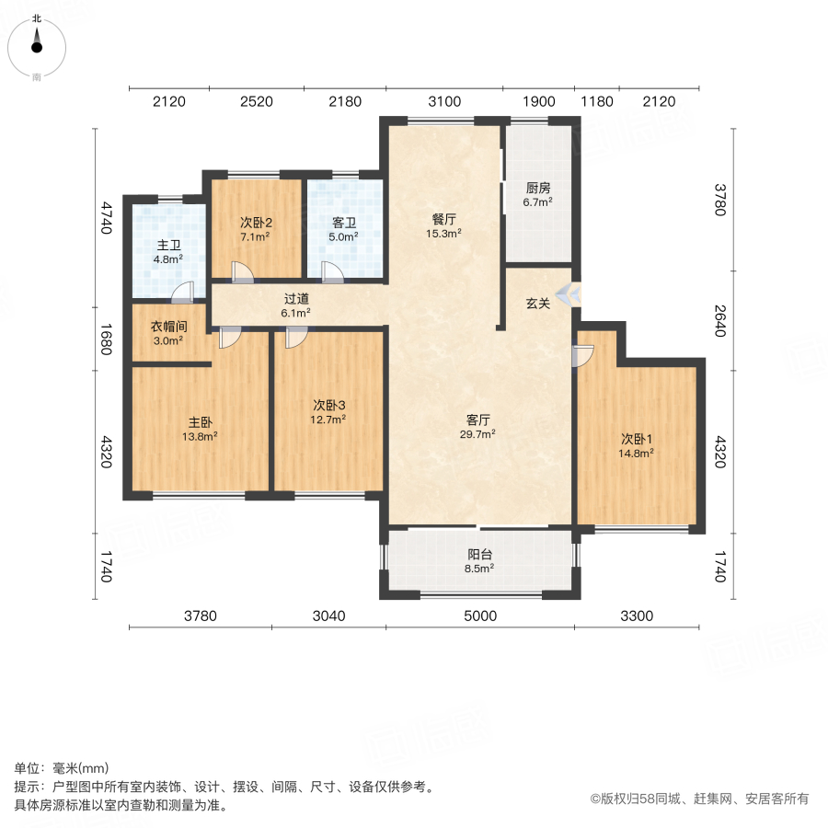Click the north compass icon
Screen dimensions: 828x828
pos(37,43)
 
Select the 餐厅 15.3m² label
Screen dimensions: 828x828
pos(444,226)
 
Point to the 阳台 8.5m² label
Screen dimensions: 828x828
pos(478,561)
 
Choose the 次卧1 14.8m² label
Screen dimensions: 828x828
pos(636,444)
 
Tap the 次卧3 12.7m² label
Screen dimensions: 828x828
pos(328,411)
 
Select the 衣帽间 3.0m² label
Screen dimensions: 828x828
pos(167,332)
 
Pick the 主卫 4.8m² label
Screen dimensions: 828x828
pos(167,252)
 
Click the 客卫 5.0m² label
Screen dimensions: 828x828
pos(344,228)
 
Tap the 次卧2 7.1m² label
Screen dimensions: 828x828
pos(255,228)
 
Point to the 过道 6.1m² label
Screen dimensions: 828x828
pos(295,305)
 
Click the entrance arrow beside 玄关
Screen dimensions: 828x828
pos(570,294)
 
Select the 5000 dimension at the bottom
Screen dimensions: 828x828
pos(479,615)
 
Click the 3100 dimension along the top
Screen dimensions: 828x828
pos(444,101)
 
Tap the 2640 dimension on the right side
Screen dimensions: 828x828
pos(720,321)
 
